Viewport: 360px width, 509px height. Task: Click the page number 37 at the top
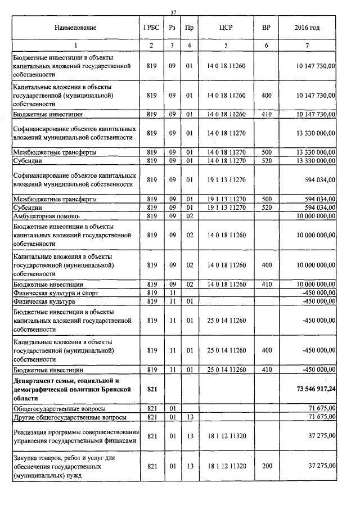pos(174,12)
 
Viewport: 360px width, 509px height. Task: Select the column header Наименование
pos(75,28)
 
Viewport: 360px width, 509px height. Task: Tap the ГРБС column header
pos(151,28)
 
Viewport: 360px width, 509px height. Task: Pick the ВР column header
pos(266,28)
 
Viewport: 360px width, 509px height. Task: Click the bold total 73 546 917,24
pos(316,389)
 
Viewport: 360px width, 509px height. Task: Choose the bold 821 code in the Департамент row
pos(151,389)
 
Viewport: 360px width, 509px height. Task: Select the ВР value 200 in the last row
pos(266,466)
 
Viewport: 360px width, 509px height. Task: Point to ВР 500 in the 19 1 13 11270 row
pos(266,199)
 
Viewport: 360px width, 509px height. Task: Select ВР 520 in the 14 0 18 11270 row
pos(266,161)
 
